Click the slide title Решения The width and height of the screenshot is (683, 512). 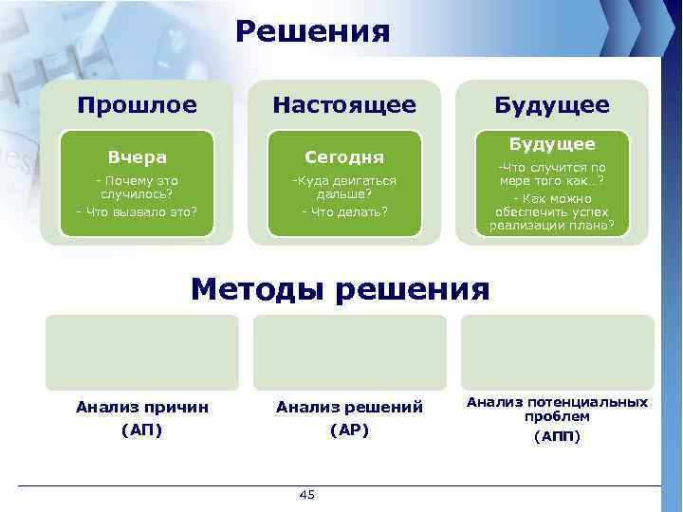coord(313,31)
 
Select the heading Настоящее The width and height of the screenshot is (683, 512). coord(343,104)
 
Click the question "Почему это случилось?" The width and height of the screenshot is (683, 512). coord(137,186)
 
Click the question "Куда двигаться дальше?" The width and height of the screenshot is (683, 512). coord(343,186)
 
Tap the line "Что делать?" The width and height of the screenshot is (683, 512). coord(343,211)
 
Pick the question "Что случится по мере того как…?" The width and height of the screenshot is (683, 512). coord(552,174)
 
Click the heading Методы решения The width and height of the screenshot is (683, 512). coord(341,287)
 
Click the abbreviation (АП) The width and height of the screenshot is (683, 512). coord(142,430)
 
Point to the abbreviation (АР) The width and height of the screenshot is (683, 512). coord(349,430)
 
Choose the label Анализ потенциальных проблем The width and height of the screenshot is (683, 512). coord(557,409)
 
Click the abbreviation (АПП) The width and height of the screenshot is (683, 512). coord(557,436)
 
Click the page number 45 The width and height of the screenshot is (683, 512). coord(306,495)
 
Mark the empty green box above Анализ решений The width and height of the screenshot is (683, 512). coord(349,352)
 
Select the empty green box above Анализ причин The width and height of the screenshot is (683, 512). coord(142,352)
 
